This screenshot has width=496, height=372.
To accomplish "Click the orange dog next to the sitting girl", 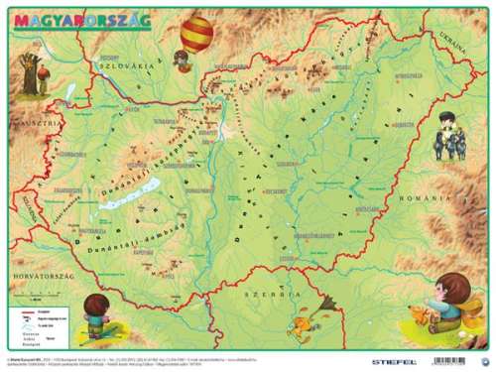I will pos(426,316).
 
